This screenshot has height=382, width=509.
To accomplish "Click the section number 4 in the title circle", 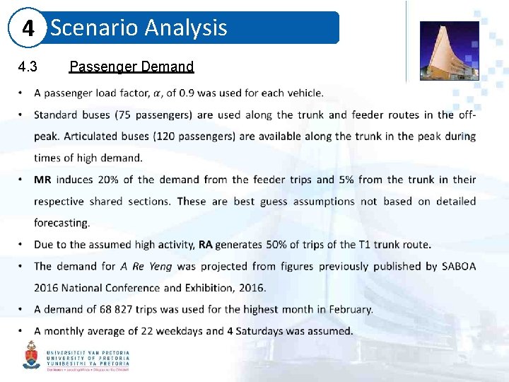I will pos(28,29).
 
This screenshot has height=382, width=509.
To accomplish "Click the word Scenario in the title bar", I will pos(94,28).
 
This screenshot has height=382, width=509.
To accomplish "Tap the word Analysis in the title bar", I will pos(186,28).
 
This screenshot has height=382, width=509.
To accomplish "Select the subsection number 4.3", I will pos(28,66).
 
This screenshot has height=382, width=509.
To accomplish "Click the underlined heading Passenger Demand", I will pos(131,66).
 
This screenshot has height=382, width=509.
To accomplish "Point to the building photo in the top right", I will pos(449,50).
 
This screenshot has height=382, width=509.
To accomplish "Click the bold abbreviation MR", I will pos(42,180).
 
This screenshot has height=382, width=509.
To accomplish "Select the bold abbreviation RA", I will pos(205,245).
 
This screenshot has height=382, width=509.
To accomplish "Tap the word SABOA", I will pos(459,266).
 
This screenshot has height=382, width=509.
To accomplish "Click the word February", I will pos(348,309).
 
